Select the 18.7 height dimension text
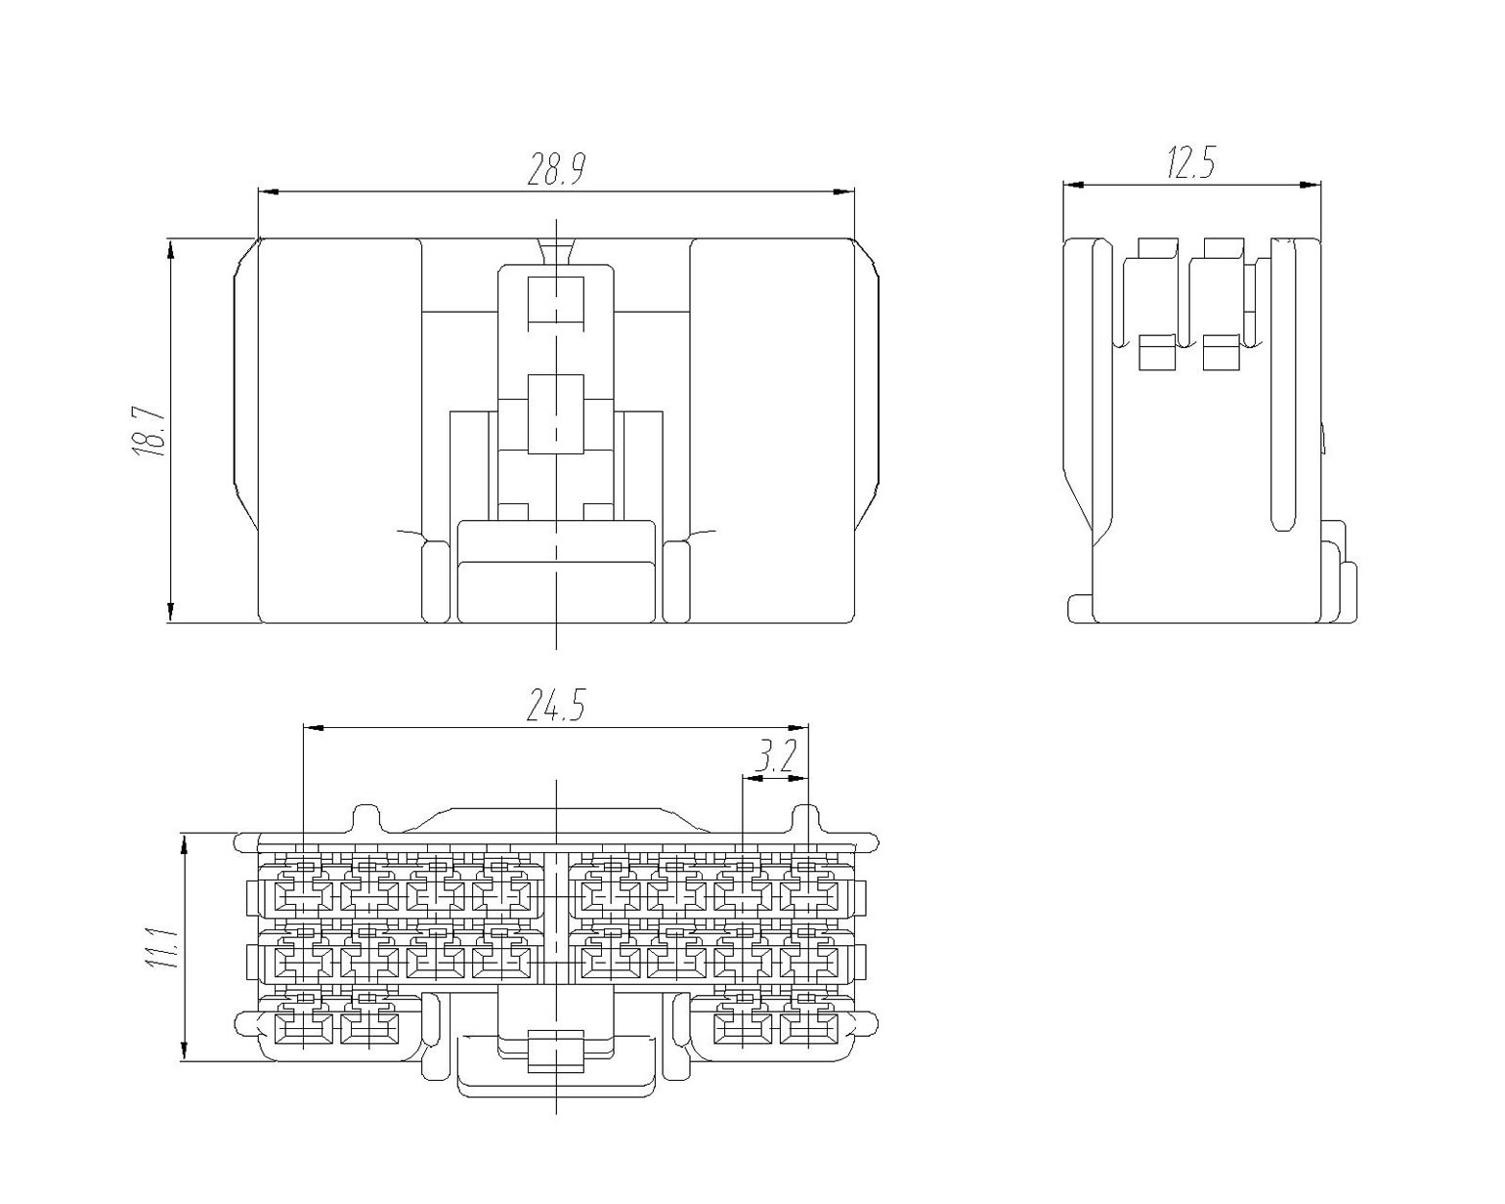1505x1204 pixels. click(149, 431)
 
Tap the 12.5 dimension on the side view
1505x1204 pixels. click(1191, 162)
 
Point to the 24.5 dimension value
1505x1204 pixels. click(554, 706)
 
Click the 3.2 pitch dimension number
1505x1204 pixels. click(776, 759)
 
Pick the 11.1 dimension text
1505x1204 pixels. click(161, 949)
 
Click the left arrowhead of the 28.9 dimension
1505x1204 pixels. click(269, 191)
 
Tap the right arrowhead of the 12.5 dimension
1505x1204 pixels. click(1310, 185)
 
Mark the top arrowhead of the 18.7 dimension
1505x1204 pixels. click(170, 249)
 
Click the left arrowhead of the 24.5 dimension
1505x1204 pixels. click(314, 728)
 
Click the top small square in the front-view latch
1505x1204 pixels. click(555, 300)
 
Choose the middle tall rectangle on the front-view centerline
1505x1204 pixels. click(555, 414)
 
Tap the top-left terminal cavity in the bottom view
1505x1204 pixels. click(304, 896)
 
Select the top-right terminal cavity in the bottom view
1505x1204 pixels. click(808, 896)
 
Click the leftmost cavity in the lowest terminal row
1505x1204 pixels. click(304, 1028)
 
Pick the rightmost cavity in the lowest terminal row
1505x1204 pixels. click(808, 1028)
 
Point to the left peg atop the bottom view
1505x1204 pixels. click(367, 819)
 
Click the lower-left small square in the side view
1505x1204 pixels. click(1157, 353)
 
